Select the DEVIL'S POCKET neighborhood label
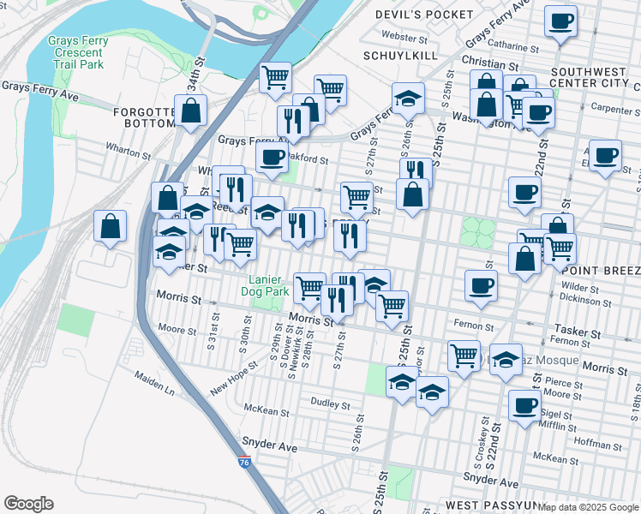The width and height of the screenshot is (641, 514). click(x=424, y=15)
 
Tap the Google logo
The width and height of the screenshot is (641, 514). click(x=28, y=504)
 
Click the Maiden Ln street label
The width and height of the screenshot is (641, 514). click(x=153, y=383)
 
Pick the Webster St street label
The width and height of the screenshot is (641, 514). click(x=404, y=38)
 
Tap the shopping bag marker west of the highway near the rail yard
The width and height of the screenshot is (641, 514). click(x=111, y=227)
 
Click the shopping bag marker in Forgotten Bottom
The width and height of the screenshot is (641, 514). click(x=190, y=110)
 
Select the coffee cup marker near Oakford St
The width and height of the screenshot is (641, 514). click(x=272, y=158)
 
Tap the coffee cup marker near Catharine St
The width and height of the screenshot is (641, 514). click(x=561, y=21)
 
